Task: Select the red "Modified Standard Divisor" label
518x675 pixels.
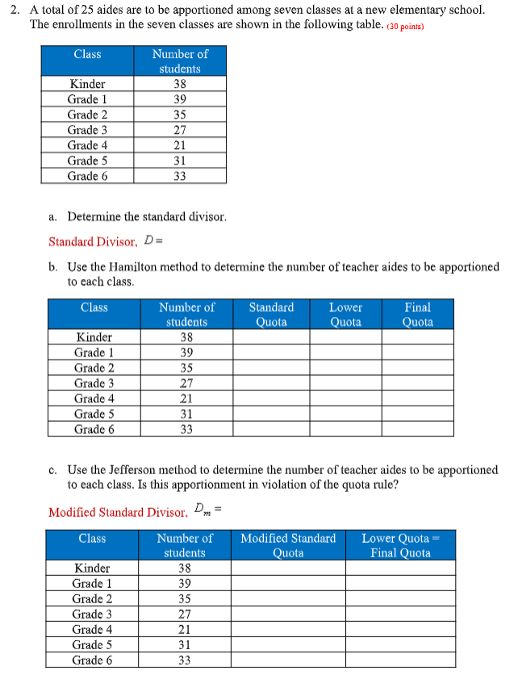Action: (118, 512)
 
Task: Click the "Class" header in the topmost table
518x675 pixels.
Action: (87, 54)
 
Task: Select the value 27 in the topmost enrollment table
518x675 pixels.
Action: (179, 130)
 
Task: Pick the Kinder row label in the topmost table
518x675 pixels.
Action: (87, 84)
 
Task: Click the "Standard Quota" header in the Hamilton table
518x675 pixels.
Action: (271, 315)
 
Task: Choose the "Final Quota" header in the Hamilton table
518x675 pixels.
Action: (417, 315)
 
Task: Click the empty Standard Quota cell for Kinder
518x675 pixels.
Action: (271, 337)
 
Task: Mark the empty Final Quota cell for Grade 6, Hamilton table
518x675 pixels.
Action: (417, 429)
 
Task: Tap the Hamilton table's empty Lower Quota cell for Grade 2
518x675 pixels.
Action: (345, 368)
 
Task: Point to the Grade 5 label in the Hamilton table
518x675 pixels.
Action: (94, 414)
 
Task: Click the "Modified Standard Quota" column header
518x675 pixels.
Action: (288, 545)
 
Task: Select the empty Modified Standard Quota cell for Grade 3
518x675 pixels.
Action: (288, 614)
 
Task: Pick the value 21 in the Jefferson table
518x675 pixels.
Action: (184, 629)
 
